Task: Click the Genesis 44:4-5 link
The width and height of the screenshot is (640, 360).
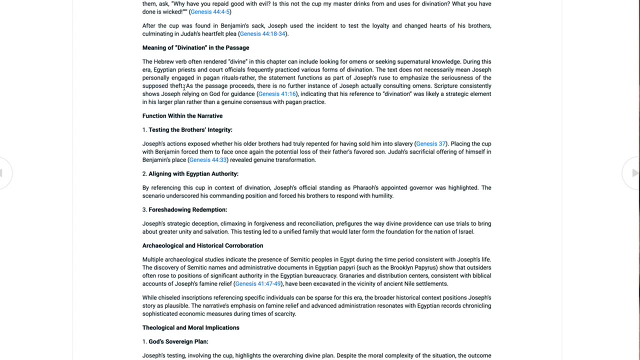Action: [x=210, y=11]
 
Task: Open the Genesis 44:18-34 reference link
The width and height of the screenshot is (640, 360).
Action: [x=262, y=33]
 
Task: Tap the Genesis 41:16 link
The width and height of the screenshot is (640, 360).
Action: [x=276, y=93]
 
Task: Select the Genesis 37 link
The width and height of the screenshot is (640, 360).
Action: [x=430, y=143]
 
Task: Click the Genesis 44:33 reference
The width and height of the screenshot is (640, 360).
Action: [x=208, y=159]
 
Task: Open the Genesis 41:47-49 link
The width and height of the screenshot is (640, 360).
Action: [x=258, y=283]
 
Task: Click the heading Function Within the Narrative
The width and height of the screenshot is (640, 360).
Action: [x=182, y=115]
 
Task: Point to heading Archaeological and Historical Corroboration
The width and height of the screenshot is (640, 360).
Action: [x=202, y=245]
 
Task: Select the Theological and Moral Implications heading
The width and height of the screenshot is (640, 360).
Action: [x=190, y=327]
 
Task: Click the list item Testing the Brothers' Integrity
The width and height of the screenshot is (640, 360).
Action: [x=190, y=129]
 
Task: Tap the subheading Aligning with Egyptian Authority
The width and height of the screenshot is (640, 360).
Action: [x=193, y=173]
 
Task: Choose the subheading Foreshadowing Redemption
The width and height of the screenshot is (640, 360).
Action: [x=187, y=209]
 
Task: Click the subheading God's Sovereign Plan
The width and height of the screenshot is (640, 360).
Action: [x=178, y=341]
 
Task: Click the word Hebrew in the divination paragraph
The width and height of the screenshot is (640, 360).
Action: [x=163, y=61]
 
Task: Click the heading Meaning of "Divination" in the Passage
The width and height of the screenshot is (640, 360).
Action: [x=195, y=47]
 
